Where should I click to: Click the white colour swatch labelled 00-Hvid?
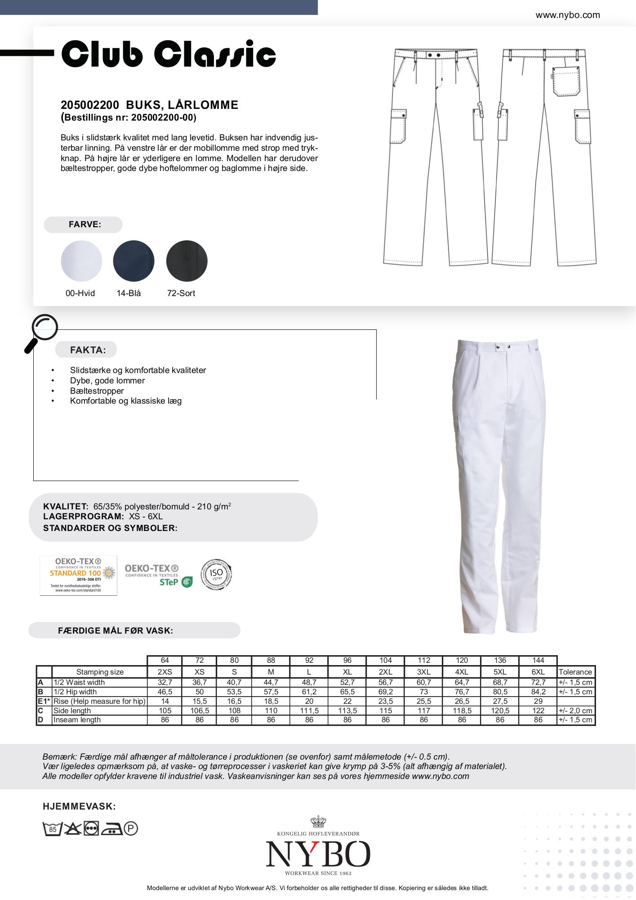[x=81, y=261]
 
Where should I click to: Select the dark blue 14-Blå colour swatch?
[x=133, y=261]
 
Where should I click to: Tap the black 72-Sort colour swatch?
[x=187, y=261]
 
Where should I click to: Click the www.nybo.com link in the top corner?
[x=567, y=15]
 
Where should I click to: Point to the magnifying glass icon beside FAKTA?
[x=41, y=332]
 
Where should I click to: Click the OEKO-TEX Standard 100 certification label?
[x=78, y=575]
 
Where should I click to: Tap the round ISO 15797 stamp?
[x=216, y=574]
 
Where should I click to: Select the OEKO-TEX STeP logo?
[x=158, y=576]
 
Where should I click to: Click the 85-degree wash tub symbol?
[x=52, y=828]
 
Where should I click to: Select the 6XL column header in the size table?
[x=538, y=672]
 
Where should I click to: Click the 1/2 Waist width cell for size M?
[x=271, y=682]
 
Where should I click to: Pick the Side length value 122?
[x=538, y=711]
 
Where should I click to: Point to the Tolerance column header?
[x=575, y=672]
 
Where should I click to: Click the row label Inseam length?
[x=77, y=720]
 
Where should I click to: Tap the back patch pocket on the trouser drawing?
[x=565, y=81]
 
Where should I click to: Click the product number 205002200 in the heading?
[x=90, y=105]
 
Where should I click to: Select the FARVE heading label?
[x=85, y=225]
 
